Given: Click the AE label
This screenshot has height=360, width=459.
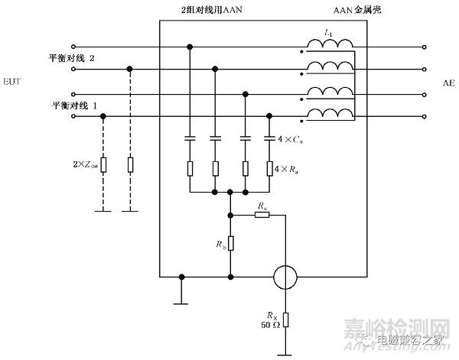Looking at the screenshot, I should click(448, 82).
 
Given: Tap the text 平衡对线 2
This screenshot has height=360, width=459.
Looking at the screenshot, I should click(75, 59).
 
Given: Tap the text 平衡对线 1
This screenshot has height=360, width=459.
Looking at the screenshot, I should click(75, 105).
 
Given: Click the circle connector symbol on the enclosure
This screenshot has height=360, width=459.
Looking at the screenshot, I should click(285, 276).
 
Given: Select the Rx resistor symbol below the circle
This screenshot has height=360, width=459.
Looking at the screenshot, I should click(285, 319).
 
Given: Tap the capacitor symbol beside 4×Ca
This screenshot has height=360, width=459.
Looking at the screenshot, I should click(269, 139).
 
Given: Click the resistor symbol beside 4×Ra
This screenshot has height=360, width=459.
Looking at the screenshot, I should click(269, 167).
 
